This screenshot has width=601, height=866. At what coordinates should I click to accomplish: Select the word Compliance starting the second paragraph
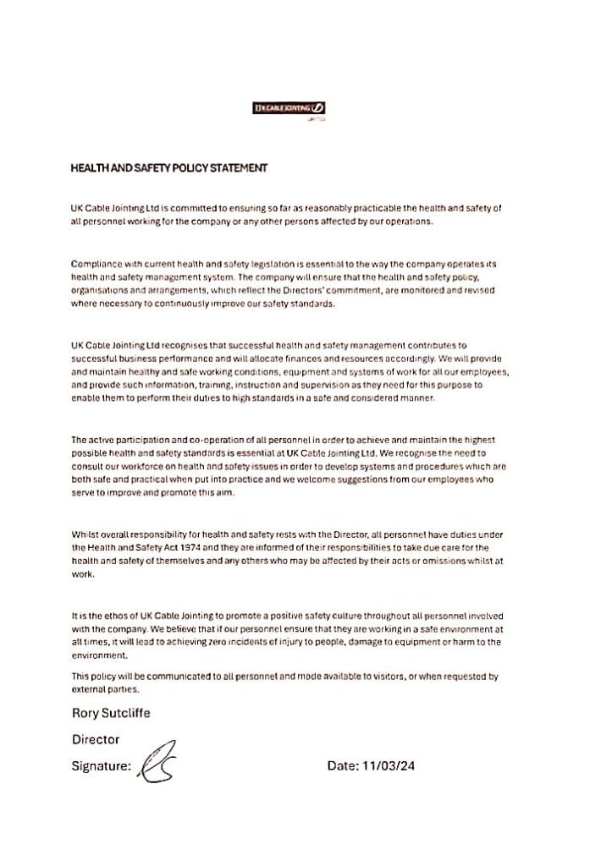(96, 264)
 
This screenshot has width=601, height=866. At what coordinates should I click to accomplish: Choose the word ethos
(108, 616)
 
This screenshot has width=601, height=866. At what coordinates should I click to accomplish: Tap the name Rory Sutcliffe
(111, 713)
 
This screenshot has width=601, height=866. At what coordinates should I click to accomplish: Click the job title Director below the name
(96, 739)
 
